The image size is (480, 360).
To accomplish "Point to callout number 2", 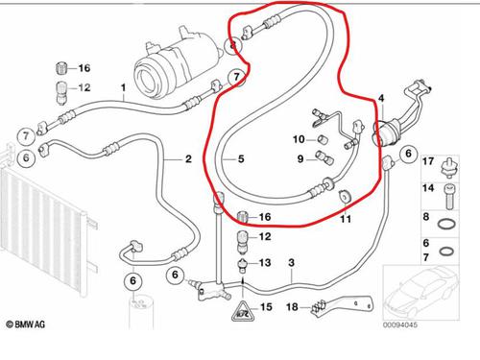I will point(188,158).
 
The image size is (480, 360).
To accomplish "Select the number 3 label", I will point(292,262).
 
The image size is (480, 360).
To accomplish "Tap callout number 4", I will point(381,98).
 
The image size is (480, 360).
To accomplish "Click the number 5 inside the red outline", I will point(242,159).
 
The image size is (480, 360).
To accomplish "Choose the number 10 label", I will point(299,140).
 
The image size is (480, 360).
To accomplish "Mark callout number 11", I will point(345,220).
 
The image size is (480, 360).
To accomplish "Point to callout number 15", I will point(266,307).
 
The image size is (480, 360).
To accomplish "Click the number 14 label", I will point(427,191).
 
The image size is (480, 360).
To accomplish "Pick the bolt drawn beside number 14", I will point(449,193).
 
